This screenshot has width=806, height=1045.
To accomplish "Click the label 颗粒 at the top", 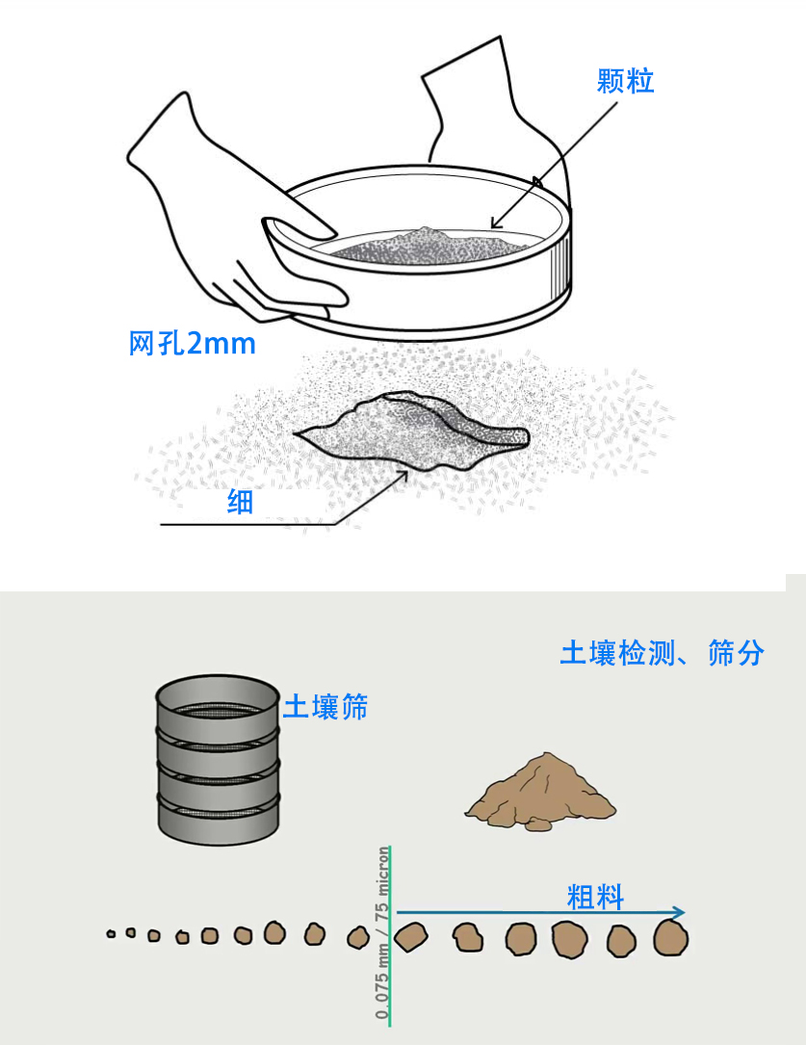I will point(625,82).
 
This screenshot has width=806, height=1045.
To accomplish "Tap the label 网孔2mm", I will point(193,343).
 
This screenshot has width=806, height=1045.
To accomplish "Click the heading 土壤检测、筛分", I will point(662,653).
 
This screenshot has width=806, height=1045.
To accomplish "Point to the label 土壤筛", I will point(325,708).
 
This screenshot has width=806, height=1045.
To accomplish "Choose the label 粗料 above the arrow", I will point(595,899).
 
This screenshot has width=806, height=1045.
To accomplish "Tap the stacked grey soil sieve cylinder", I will point(218,761).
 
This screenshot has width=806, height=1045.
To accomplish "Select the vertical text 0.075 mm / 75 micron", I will point(383,932).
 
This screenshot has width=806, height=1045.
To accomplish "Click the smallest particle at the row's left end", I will point(111,933).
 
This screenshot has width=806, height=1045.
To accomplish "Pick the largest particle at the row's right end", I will point(670,937).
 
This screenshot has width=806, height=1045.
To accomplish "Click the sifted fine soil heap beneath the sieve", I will point(414,432).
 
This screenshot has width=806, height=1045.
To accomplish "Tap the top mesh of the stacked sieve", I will point(218,708).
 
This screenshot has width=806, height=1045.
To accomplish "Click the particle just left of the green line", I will point(358,935).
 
